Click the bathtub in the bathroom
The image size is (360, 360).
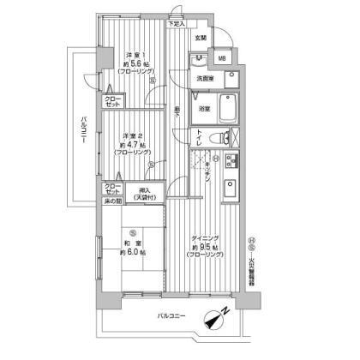[x=229, y=110]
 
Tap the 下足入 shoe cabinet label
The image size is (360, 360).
[x=176, y=23]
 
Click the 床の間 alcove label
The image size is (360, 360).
[x=115, y=201]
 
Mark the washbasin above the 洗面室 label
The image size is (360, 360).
[x=195, y=60]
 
